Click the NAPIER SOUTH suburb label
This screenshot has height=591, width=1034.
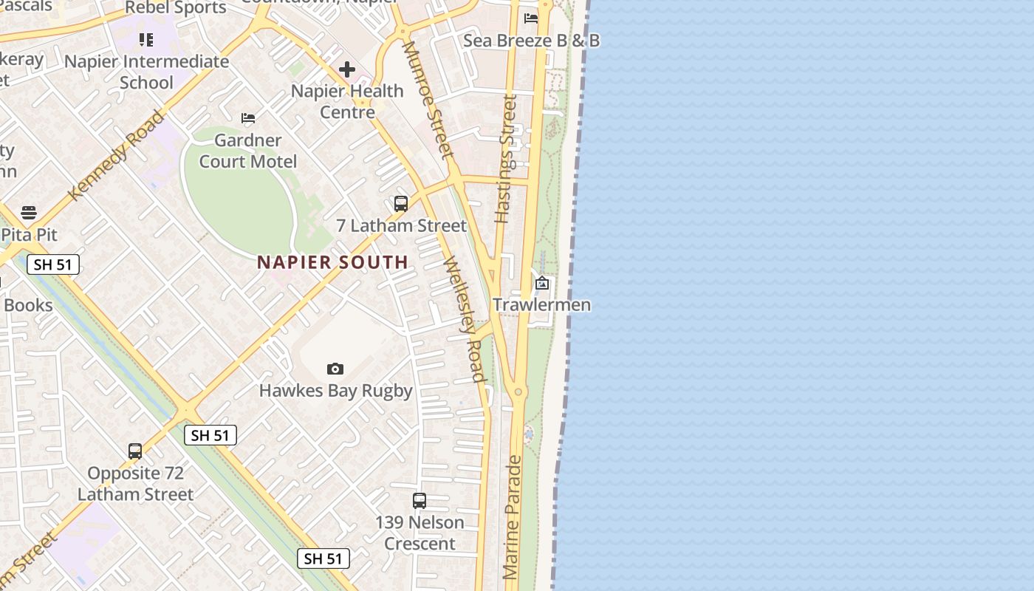332,262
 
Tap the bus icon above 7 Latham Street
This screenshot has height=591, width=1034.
401,204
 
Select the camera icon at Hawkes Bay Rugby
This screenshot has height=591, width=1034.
335,369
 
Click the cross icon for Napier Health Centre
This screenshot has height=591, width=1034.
347,69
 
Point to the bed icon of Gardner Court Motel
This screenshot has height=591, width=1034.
248,118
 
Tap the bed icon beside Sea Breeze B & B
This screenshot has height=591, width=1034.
530,18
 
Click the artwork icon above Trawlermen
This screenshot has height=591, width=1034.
542,283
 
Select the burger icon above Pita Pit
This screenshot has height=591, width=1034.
29,213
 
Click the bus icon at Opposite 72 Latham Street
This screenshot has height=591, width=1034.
135,451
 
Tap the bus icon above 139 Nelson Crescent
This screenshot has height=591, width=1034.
420,501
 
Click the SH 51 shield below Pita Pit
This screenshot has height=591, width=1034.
53,264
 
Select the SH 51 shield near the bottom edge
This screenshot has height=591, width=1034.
323,558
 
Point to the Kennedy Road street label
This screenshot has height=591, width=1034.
116,156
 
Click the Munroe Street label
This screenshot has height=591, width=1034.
427,99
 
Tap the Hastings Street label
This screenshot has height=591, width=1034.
506,158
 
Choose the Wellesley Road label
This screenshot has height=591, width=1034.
465,319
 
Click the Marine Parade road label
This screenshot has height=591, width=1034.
512,517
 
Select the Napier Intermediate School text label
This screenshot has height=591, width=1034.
146,72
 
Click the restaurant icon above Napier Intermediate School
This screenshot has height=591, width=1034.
146,40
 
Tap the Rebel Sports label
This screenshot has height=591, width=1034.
176,8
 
